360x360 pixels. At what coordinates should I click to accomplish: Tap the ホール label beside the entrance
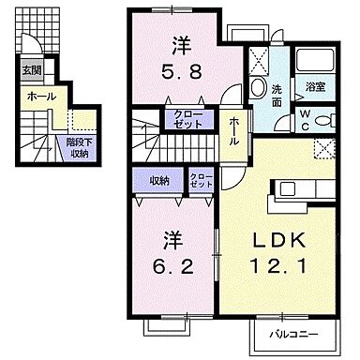point(39,96)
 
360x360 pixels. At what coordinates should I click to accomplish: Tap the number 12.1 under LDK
point(276,267)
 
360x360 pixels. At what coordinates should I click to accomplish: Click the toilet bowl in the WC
point(323,121)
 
